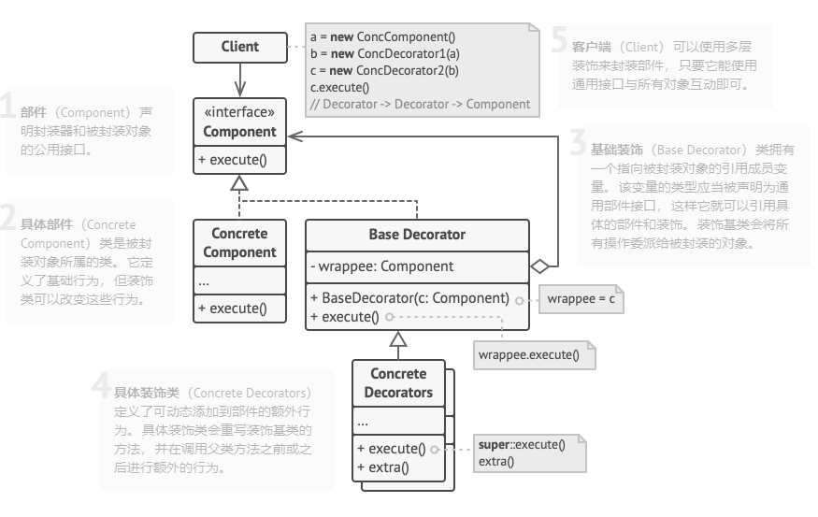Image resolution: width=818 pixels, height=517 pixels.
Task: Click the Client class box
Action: point(239,46)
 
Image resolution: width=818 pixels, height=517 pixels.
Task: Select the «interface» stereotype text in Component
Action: point(239,113)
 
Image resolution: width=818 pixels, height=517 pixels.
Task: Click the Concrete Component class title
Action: point(240,243)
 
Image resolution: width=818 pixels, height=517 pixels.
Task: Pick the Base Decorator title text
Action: point(417,234)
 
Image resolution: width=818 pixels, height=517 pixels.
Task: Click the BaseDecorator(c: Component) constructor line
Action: point(409,299)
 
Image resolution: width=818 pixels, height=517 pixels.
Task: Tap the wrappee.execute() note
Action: point(528,355)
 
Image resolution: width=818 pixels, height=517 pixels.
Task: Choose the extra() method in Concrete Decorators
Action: point(383,466)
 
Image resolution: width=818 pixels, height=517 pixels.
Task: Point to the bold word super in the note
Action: point(493,445)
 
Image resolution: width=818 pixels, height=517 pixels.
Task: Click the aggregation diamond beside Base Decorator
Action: point(539,266)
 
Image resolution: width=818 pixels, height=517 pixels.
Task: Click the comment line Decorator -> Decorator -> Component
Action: point(420,104)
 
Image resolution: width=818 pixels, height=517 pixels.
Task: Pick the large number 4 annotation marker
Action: point(100,386)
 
